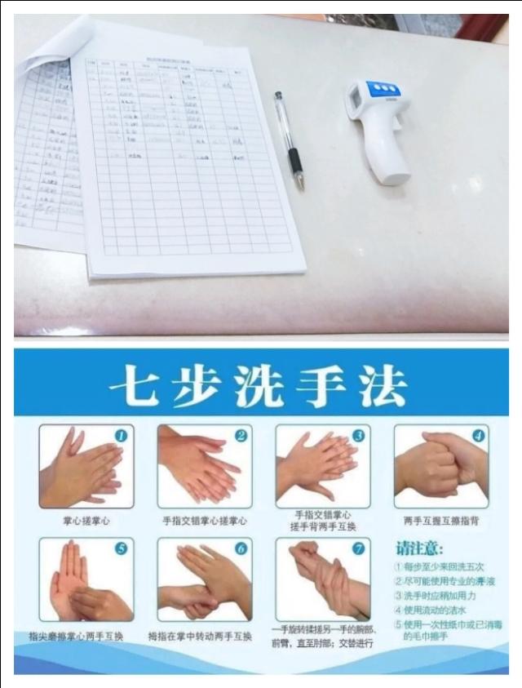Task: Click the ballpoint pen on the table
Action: [x=289, y=140]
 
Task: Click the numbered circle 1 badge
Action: [x=121, y=437]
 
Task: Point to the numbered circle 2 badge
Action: [x=241, y=437]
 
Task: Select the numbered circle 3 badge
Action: [x=359, y=437]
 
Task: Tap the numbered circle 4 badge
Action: [x=478, y=437]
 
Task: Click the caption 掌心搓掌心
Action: [x=86, y=520]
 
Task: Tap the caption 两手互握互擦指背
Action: [x=440, y=520]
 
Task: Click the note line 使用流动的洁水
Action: [x=436, y=610]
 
